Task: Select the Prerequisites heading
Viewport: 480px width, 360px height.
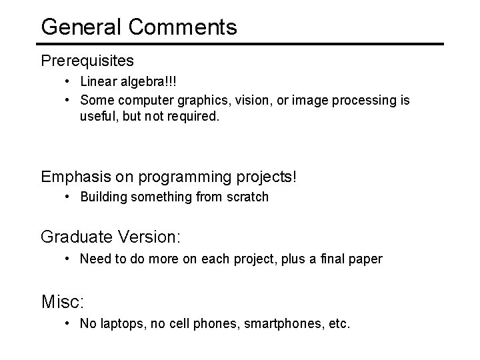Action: [87, 61]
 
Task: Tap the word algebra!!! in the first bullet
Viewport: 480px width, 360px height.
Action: [150, 82]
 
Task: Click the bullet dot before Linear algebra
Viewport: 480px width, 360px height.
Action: [69, 82]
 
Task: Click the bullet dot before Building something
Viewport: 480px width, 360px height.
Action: [69, 197]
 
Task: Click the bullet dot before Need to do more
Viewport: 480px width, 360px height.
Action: [69, 258]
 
